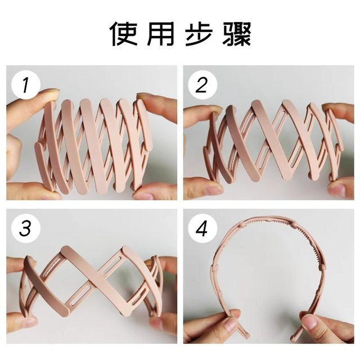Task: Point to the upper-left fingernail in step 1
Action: point(49,94)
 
